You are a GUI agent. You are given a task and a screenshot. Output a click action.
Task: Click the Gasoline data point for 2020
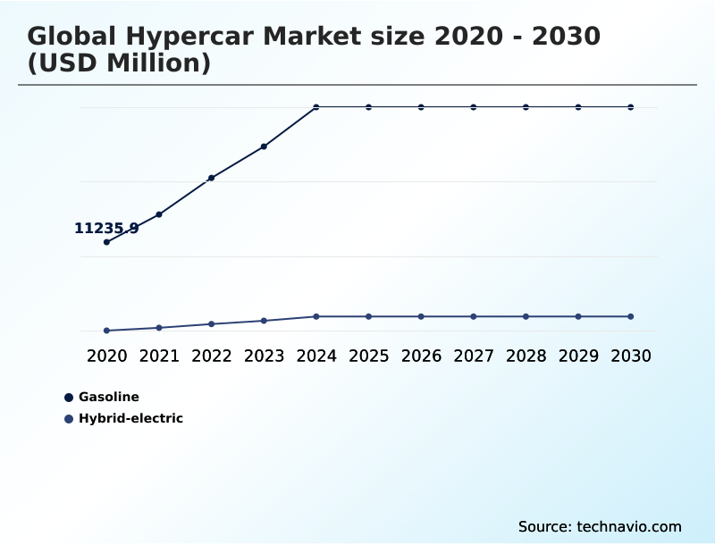click(x=107, y=242)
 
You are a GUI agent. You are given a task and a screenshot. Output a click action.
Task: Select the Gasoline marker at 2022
click(x=212, y=178)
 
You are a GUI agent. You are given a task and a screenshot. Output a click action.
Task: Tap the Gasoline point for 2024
click(x=316, y=107)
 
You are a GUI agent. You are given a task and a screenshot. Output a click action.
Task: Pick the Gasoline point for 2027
click(x=474, y=107)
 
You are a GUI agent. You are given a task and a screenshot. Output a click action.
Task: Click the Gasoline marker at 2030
click(x=631, y=107)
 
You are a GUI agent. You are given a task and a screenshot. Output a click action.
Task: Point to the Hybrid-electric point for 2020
click(x=107, y=331)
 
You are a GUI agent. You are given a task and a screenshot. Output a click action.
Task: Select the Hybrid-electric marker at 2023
click(x=264, y=321)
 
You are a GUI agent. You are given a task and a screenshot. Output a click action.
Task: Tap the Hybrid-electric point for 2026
click(x=421, y=316)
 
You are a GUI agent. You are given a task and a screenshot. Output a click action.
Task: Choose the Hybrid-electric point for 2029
click(x=578, y=316)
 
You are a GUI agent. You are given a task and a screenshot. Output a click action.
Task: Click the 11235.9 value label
click(x=106, y=229)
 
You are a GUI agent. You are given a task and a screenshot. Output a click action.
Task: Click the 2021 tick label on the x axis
click(x=159, y=356)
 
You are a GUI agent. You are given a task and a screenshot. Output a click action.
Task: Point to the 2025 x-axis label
click(x=368, y=356)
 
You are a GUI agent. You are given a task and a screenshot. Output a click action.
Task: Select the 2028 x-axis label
click(x=526, y=356)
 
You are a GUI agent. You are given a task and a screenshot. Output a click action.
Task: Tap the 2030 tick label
click(x=631, y=356)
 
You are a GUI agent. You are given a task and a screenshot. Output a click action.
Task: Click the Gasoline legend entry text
click(x=109, y=397)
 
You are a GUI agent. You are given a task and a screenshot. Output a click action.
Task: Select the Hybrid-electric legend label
click(x=130, y=418)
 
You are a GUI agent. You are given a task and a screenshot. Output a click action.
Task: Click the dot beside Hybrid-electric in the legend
click(x=69, y=418)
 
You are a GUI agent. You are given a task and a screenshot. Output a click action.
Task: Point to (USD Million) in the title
click(x=119, y=63)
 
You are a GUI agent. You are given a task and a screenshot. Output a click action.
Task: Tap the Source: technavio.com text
click(x=600, y=526)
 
